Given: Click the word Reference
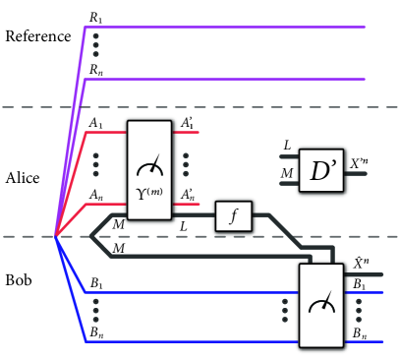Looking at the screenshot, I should (x=37, y=37).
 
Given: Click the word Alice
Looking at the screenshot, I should (x=23, y=178).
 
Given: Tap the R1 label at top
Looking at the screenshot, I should (x=94, y=15).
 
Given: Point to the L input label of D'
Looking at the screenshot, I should (x=286, y=146).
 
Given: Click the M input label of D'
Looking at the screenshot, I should (x=286, y=173).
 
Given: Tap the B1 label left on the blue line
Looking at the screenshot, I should (x=95, y=283).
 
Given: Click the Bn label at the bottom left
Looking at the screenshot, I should (x=95, y=331).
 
